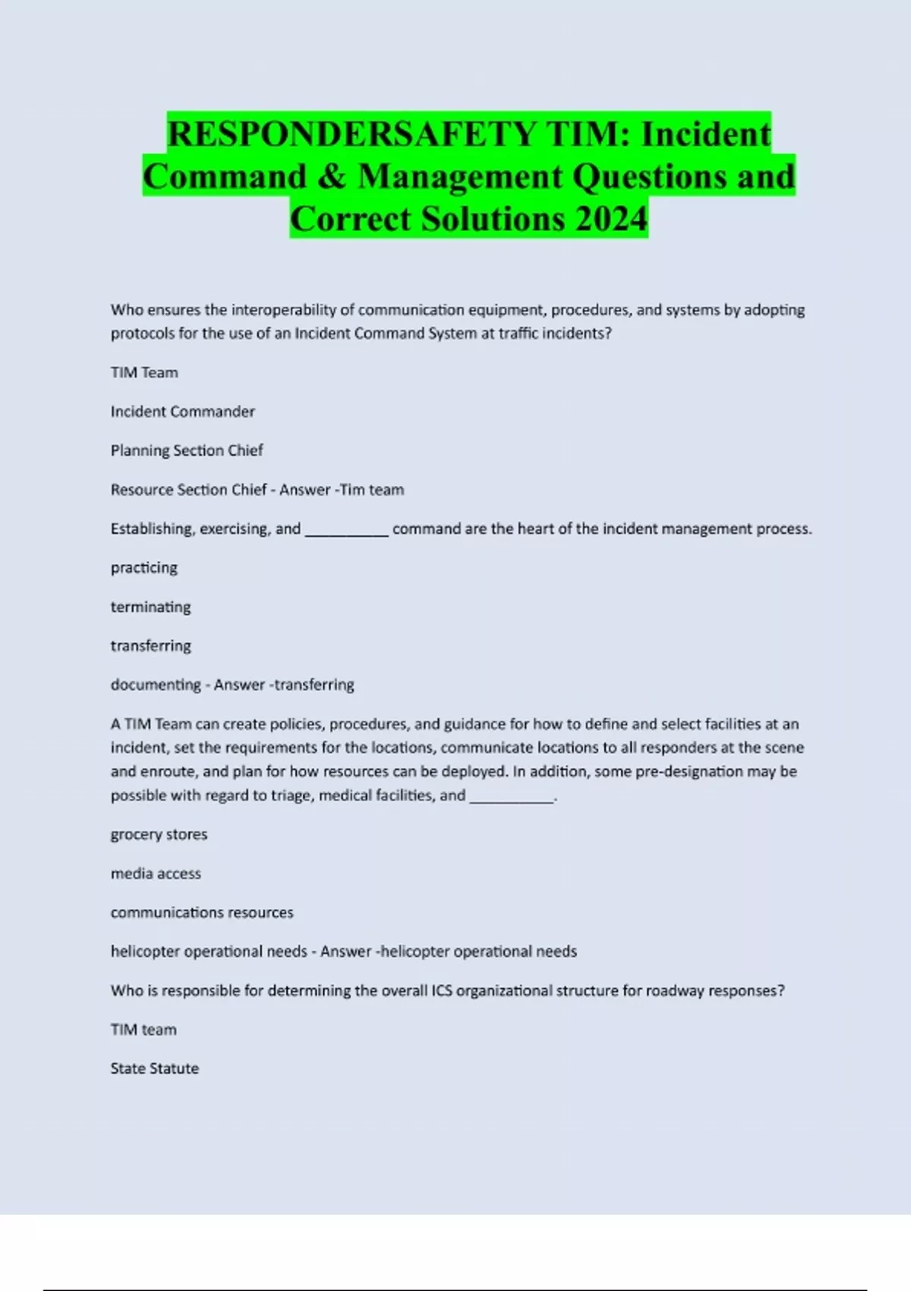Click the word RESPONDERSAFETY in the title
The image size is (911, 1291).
351,134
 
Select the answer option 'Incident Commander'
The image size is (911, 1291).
182,412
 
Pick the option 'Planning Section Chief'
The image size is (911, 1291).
187,450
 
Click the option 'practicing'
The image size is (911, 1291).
143,568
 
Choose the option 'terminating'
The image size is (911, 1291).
150,607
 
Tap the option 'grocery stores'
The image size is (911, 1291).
159,834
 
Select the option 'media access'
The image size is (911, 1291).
156,873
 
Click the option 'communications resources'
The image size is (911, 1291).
202,912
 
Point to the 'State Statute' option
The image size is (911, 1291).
154,1068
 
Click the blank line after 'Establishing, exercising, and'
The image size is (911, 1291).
346,532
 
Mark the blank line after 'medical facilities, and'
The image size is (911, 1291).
512,799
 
